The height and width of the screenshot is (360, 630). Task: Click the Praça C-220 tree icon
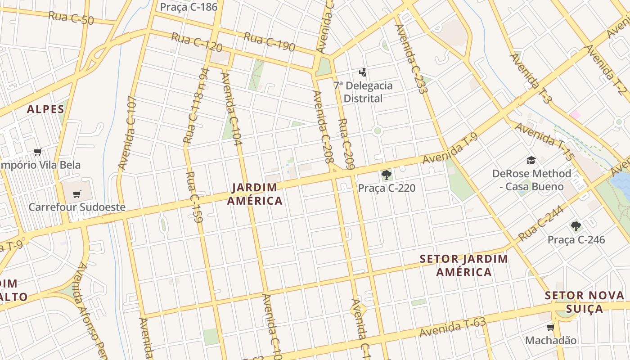pos(386,175)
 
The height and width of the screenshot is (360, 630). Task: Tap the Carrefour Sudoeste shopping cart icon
pos(76,194)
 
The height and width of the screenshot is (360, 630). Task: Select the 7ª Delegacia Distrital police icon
pos(363,72)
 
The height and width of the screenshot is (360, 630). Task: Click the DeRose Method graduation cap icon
pos(531,160)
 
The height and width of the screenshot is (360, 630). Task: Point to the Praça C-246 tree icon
pos(576,226)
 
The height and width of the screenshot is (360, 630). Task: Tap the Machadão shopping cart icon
pos(550,327)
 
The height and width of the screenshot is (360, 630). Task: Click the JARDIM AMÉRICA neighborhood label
pos(255,194)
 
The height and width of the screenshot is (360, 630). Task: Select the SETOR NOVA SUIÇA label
pos(584,302)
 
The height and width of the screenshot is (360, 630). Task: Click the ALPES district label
pos(45,109)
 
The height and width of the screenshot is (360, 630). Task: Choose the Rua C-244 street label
pos(541,224)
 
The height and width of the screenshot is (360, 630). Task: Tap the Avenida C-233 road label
pos(410,58)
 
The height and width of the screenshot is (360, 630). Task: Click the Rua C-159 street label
pos(195,197)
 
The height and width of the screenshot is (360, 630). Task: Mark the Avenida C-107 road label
pos(127,133)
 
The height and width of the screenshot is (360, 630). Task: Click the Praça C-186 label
pos(189,7)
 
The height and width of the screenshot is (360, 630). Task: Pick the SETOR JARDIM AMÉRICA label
pos(463,265)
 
